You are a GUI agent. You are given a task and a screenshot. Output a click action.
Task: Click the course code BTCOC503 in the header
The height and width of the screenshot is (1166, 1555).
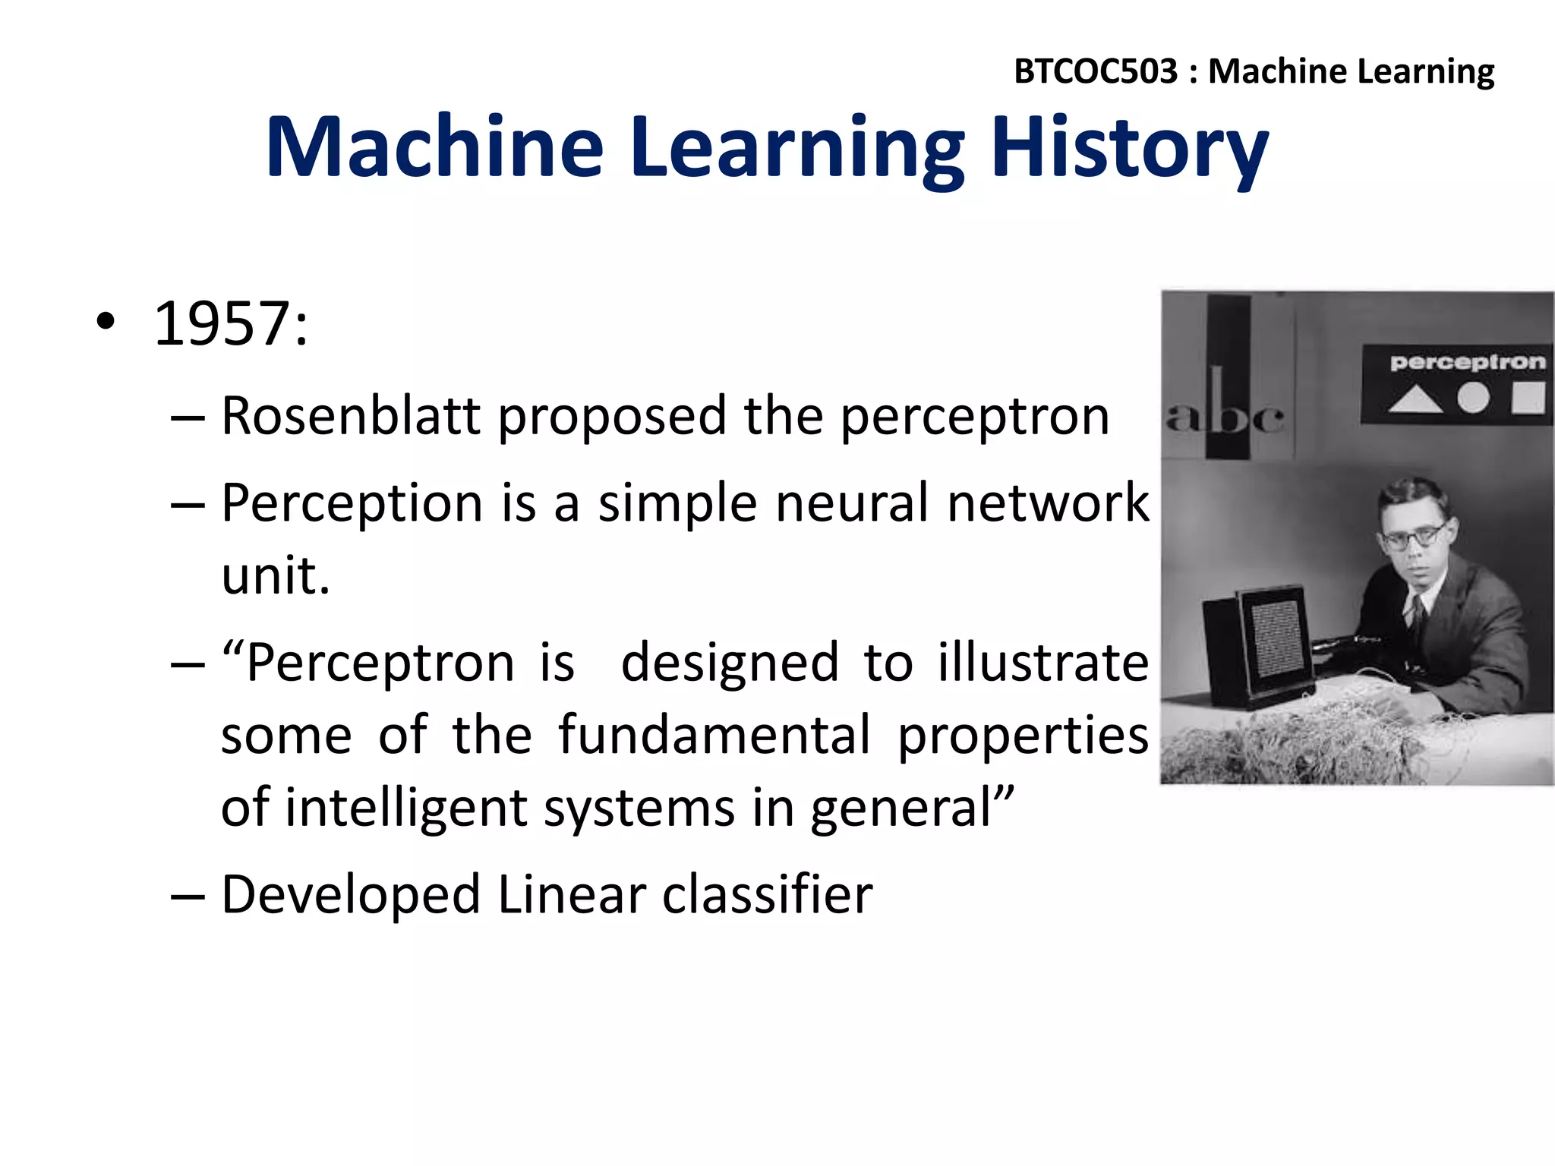click(x=1095, y=71)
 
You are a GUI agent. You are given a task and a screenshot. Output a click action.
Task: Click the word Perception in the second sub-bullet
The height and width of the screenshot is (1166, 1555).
click(x=352, y=503)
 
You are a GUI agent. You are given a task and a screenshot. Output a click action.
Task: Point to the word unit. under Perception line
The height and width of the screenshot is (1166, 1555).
click(x=275, y=575)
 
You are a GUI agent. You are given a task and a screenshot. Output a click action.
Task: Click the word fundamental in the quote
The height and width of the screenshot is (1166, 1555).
click(x=714, y=735)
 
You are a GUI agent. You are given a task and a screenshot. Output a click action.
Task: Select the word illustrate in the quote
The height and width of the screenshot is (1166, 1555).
click(x=1042, y=663)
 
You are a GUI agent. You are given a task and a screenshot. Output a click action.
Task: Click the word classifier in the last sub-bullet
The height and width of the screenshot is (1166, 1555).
click(x=767, y=894)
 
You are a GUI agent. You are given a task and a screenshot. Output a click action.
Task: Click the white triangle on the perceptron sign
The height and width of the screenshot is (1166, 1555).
click(x=1415, y=399)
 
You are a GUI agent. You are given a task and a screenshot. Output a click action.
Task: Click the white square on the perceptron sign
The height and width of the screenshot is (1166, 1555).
click(x=1528, y=397)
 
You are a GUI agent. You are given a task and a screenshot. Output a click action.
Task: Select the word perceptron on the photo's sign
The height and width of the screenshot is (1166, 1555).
click(x=1467, y=362)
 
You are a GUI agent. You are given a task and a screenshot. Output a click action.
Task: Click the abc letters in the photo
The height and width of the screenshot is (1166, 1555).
click(x=1224, y=416)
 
